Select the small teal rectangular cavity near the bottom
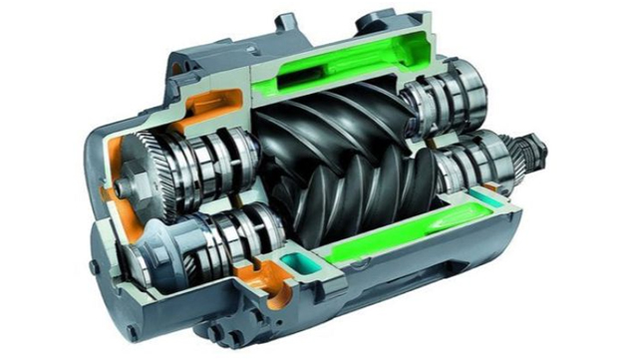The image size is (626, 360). coord(298,265)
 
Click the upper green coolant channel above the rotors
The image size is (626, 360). coord(339,70)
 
